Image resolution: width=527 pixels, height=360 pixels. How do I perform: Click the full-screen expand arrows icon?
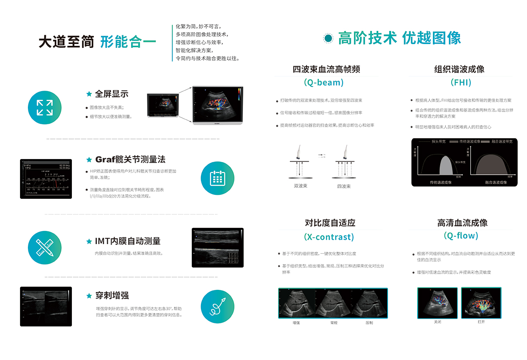coord(44,107)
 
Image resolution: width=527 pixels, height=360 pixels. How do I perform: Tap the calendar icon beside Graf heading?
coord(217,178)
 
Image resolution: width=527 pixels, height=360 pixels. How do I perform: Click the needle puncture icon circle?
coord(217,306)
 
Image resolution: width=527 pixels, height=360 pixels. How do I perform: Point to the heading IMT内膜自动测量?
coord(128,241)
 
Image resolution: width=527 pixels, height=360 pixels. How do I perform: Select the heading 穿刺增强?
coord(112,295)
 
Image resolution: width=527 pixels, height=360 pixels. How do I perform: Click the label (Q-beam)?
coord(323,82)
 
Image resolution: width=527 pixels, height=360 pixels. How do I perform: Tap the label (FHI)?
coord(461,82)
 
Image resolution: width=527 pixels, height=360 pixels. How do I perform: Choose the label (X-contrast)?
coord(329,237)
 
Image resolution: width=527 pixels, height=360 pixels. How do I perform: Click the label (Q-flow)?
coord(461,236)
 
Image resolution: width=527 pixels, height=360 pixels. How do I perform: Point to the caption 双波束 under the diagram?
coord(301,186)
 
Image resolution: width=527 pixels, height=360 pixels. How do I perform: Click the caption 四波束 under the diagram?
coord(343,186)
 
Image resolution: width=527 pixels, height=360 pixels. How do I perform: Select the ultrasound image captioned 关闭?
coord(437,302)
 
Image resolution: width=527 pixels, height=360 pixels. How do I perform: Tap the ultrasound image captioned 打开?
coord(481,302)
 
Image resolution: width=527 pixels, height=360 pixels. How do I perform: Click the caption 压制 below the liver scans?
coord(369,323)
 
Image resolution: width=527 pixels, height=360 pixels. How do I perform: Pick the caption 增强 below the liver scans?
coord(296,323)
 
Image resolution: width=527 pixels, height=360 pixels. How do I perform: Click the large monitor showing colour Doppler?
coord(218,105)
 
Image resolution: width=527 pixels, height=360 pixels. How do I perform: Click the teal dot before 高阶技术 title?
coord(328,38)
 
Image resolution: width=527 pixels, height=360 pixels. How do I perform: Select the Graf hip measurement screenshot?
coord(46,179)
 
